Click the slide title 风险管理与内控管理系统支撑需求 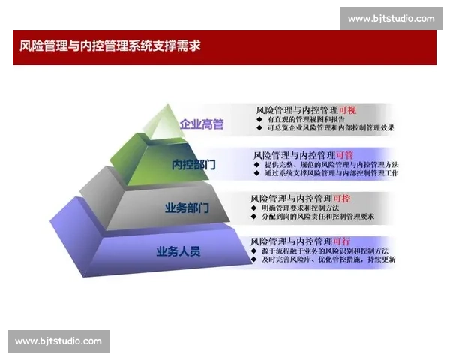[110, 46]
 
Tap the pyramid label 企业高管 [202, 124]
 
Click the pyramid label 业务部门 [187, 208]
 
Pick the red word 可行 [341, 241]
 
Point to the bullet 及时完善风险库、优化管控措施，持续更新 [328, 259]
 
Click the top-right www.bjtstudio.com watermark [391, 18]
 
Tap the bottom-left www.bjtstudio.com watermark [58, 341]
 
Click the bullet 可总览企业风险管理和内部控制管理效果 [331, 128]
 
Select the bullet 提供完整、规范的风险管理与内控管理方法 [330, 164]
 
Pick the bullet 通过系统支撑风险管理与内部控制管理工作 [330, 173]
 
